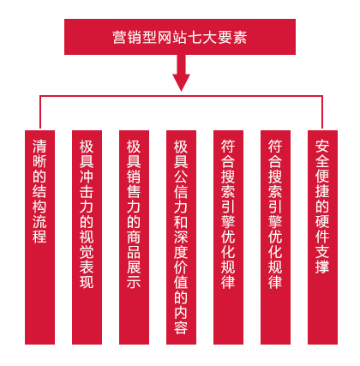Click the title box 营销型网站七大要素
pos(180,37)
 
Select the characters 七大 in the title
pos(202,38)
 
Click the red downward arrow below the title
pos(181,73)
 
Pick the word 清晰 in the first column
pos(39,153)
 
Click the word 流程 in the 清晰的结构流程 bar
pos(39,228)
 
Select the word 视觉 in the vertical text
pos(87,243)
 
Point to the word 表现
pos(87,273)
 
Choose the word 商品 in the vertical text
pos(134,243)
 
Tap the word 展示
pos(134,273)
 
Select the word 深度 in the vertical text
pos(181,243)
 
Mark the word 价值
pos(181,273)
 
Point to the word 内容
pos(181,320)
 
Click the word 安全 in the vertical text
pos(322,153)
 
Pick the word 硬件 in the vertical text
pos(322,228)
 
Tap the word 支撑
pos(322,259)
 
